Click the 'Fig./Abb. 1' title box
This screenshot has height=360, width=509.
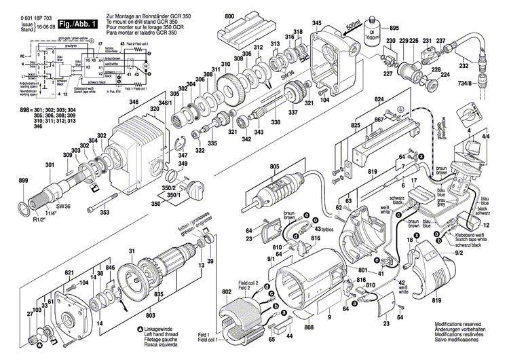tap(75, 24)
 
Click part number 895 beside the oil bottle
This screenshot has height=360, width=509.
tap(395, 28)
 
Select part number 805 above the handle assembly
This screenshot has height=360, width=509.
tap(275, 166)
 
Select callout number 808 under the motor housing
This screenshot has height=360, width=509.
tap(309, 328)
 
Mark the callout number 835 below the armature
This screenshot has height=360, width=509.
tap(158, 294)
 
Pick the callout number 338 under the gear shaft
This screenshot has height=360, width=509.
tap(275, 122)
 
